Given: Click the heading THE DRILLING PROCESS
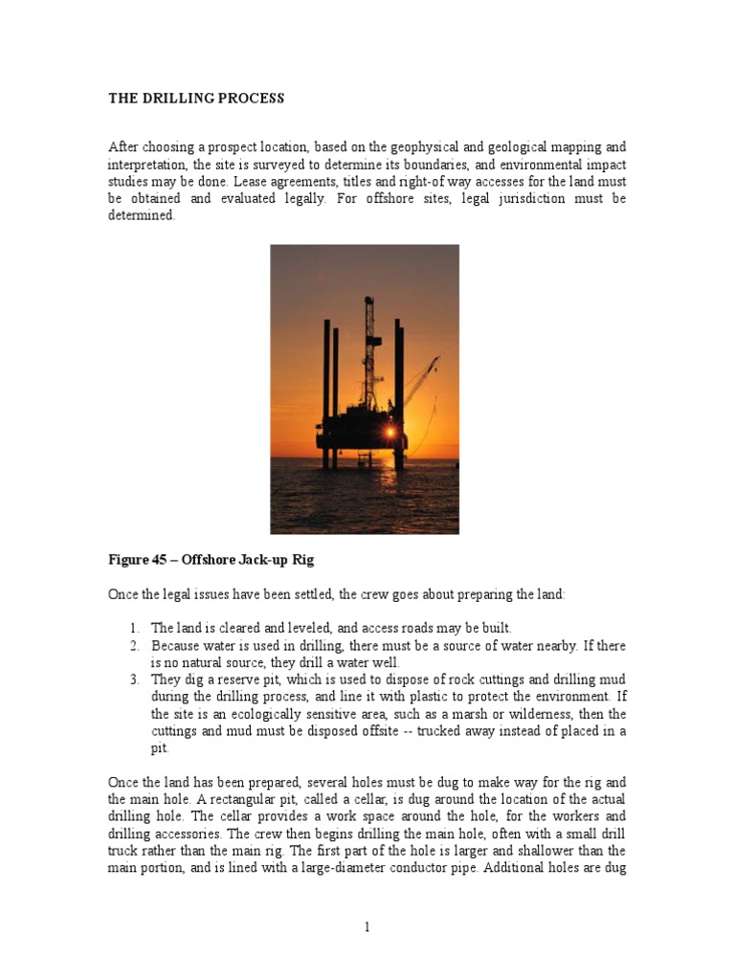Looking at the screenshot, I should click(196, 99).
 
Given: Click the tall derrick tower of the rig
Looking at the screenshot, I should click(368, 354).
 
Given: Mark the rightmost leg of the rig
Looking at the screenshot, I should click(399, 392).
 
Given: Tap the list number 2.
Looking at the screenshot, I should click(135, 645).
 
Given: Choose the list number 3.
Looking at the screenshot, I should click(135, 679).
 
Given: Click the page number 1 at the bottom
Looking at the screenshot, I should click(367, 926).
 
